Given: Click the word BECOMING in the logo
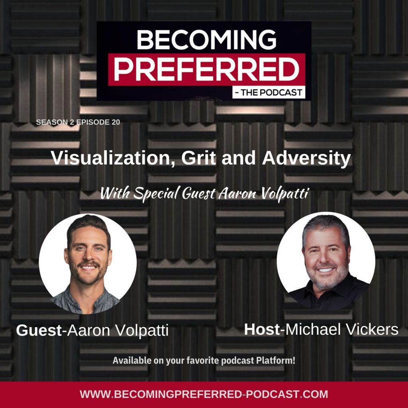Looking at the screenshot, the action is (x=206, y=39).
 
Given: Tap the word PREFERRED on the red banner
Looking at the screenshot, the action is (x=207, y=69).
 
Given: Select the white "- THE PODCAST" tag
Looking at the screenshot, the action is (x=269, y=92).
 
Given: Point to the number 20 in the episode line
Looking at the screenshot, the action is (x=116, y=122).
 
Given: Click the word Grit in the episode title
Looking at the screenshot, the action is (x=198, y=158).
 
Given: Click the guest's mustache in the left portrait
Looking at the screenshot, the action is (x=88, y=264).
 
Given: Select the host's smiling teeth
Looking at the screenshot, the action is (x=326, y=270).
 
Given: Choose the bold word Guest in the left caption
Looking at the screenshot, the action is (x=39, y=330).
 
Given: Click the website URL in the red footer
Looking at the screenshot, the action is (x=204, y=394).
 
